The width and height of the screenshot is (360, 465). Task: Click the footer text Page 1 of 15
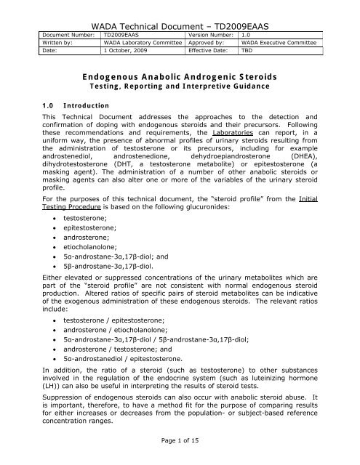pyautogui.click(x=179, y=453)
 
